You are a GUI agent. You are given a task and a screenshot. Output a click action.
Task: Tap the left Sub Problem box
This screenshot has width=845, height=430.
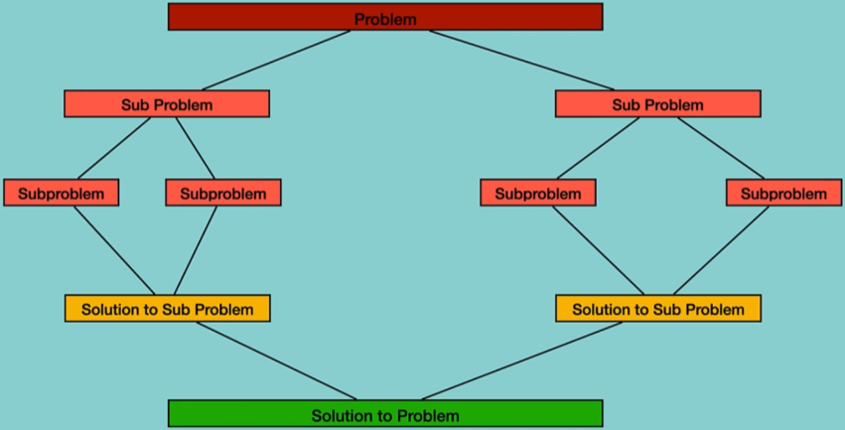(x=167, y=104)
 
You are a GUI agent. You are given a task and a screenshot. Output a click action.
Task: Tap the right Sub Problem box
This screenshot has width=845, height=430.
(x=657, y=104)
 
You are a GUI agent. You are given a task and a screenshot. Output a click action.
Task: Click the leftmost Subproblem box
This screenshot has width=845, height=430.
(x=61, y=193)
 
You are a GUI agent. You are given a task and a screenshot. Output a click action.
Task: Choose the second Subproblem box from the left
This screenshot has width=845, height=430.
(x=223, y=193)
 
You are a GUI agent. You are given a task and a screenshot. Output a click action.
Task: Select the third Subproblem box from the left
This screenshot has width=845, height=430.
(x=538, y=193)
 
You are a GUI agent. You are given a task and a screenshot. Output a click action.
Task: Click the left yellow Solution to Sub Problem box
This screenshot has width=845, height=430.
(x=167, y=309)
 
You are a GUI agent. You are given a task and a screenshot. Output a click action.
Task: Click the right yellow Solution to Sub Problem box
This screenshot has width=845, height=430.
(x=657, y=309)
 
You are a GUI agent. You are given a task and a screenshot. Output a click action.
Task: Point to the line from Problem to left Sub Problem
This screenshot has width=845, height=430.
(x=275, y=61)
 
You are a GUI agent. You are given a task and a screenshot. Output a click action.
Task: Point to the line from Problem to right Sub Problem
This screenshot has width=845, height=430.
(x=522, y=61)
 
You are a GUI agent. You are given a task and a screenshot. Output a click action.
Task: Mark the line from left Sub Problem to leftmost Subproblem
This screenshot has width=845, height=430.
(x=114, y=149)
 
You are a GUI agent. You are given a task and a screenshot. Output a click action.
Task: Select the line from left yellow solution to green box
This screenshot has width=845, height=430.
(x=276, y=360)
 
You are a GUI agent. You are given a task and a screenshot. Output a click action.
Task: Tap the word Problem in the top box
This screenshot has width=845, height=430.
(x=385, y=19)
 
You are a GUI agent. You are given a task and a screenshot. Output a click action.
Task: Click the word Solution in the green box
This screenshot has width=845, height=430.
(x=338, y=415)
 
